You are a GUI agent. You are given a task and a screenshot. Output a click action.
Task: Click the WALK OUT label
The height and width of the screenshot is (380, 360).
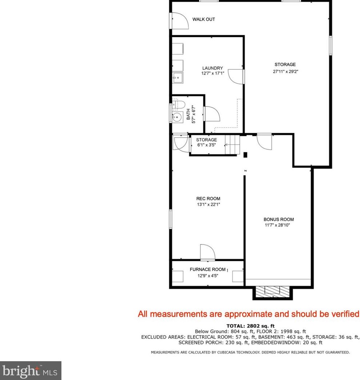coord(203,19)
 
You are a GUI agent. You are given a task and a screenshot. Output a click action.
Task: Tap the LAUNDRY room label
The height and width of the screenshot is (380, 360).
coord(213,68)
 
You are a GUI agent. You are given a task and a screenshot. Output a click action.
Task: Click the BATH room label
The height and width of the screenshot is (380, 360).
coord(189,113)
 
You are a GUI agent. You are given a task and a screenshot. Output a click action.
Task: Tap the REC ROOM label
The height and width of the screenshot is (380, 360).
coord(208,198)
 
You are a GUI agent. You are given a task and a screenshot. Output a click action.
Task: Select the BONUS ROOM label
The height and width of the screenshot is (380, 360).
coord(279,219)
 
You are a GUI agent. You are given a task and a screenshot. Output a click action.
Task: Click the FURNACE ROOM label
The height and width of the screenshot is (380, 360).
coord(208,270)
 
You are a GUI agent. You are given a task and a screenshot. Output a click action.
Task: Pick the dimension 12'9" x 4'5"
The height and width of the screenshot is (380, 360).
coord(208,275)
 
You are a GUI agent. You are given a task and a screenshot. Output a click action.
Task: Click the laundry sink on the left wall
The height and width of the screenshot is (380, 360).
coord(178,77)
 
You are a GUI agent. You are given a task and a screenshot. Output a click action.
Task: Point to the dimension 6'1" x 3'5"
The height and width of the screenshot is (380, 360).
coord(206,145)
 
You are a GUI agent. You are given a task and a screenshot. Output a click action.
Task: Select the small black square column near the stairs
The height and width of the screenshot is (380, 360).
coord(245,155)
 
